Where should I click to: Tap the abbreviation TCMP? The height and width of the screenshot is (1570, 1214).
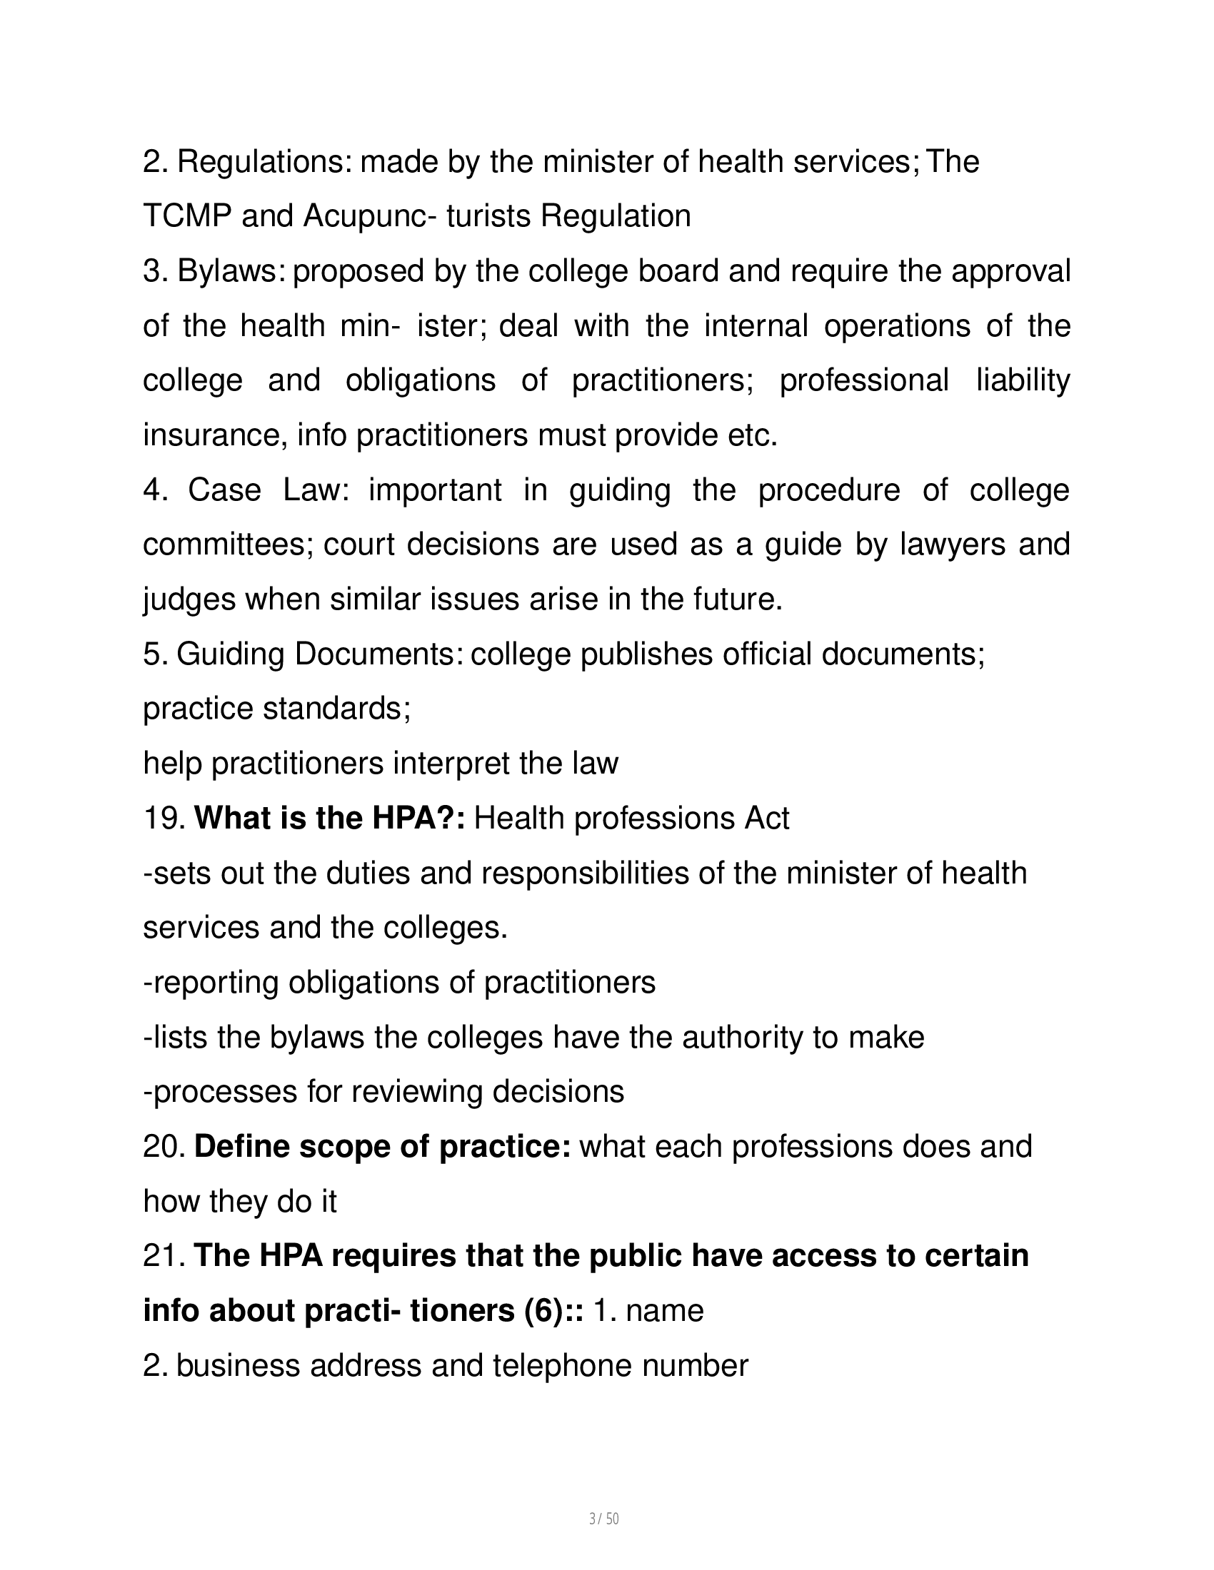pyautogui.click(x=186, y=216)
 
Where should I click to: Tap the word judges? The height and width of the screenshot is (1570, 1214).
pyautogui.click(x=189, y=599)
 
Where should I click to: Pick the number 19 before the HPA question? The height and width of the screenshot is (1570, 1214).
pyautogui.click(x=165, y=819)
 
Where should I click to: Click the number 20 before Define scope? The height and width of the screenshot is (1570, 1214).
pyautogui.click(x=165, y=1147)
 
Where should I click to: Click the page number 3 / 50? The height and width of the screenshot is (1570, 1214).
pyautogui.click(x=603, y=1518)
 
